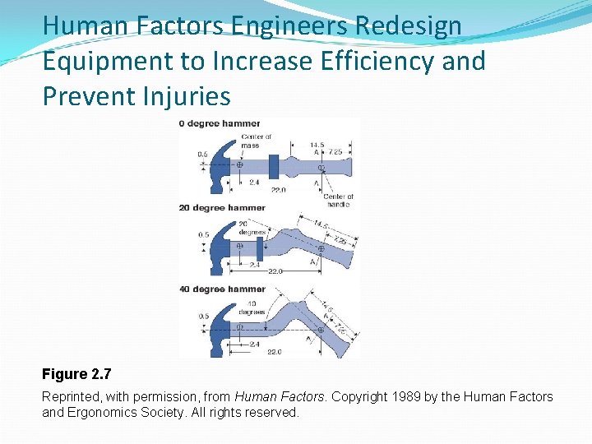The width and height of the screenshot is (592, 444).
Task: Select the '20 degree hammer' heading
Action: [x=222, y=208]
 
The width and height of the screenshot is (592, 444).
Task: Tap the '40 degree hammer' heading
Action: [x=222, y=289]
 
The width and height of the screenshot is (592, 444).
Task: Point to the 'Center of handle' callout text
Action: [x=337, y=200]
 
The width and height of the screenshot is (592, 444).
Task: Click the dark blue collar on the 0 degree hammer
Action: [x=273, y=164]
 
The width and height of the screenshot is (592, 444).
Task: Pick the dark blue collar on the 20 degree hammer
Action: [x=261, y=247]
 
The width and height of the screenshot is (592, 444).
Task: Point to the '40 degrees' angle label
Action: [x=252, y=308]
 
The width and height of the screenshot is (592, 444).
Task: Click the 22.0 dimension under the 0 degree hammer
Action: [x=278, y=190]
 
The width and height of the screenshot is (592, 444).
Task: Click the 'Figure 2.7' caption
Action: [x=76, y=375]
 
